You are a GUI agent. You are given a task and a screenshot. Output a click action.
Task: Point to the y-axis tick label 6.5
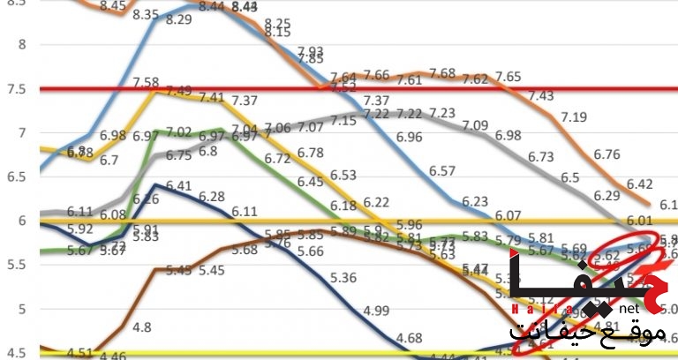click(17, 176)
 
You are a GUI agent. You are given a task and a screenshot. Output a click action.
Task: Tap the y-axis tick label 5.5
click(17, 264)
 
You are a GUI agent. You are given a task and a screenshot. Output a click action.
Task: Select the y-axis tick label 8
click(22, 45)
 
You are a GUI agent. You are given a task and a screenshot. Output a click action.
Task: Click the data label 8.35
click(146, 15)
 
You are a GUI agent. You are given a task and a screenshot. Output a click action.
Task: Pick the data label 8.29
click(179, 19)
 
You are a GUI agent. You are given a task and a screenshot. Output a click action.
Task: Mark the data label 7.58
click(146, 82)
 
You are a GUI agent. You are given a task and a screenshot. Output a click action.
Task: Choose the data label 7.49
click(179, 91)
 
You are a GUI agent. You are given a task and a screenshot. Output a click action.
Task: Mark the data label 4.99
click(376, 310)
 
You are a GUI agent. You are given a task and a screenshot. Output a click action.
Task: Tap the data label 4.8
click(141, 327)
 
